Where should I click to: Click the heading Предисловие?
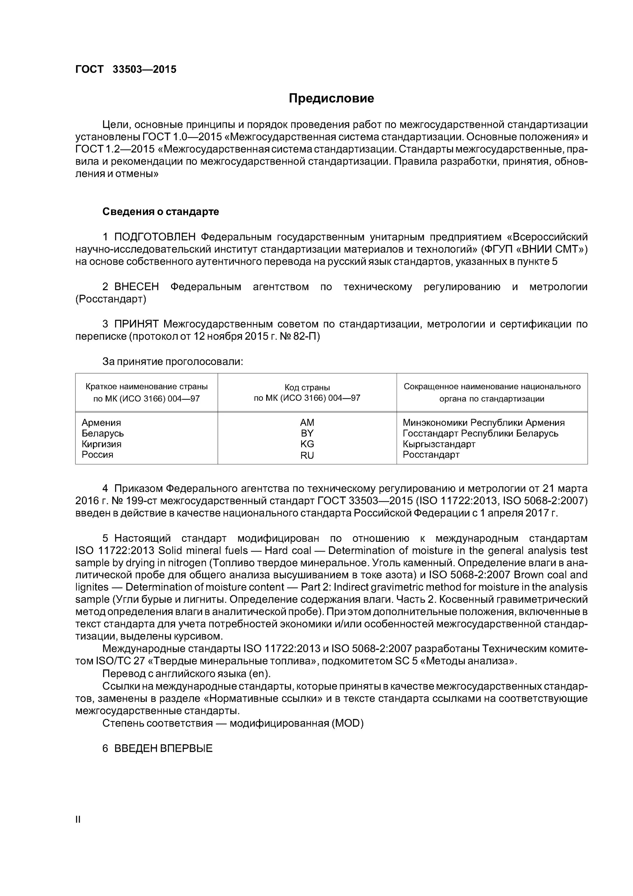[x=331, y=98]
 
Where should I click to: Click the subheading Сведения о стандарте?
[x=160, y=211]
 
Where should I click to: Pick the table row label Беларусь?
[x=103, y=434]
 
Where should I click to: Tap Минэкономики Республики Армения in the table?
[x=483, y=423]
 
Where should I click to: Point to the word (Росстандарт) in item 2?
[x=111, y=299]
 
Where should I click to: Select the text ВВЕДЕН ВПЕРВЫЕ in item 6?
[x=163, y=748]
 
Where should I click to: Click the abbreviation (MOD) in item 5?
[x=347, y=723]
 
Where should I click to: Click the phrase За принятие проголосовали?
[x=173, y=362]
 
